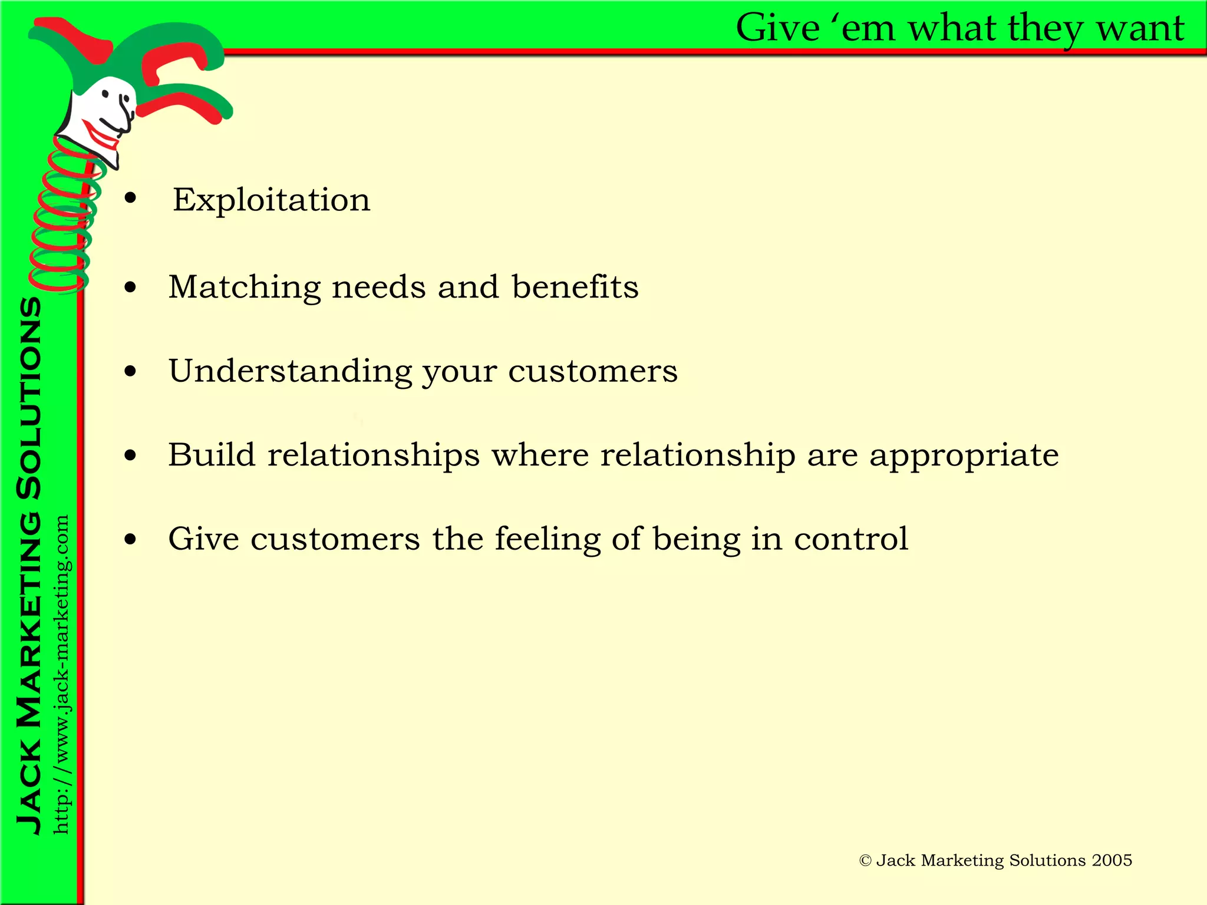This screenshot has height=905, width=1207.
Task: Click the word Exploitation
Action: (x=271, y=200)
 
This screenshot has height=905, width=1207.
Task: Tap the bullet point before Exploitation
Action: (x=130, y=199)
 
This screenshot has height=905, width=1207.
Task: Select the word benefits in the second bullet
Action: (x=575, y=287)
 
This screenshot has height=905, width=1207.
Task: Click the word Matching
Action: (x=245, y=288)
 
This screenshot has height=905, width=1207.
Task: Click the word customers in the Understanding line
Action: (x=593, y=372)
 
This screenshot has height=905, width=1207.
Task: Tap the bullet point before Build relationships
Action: (x=130, y=455)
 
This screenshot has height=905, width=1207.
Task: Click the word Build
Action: (x=212, y=455)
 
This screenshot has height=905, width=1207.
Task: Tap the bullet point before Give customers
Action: (x=130, y=539)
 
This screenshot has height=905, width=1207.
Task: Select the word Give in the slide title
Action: (x=778, y=28)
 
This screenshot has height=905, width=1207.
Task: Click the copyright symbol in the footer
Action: (x=865, y=861)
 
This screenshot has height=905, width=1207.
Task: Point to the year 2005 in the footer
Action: (x=1112, y=860)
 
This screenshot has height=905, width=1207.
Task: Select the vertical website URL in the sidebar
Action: (x=61, y=674)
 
